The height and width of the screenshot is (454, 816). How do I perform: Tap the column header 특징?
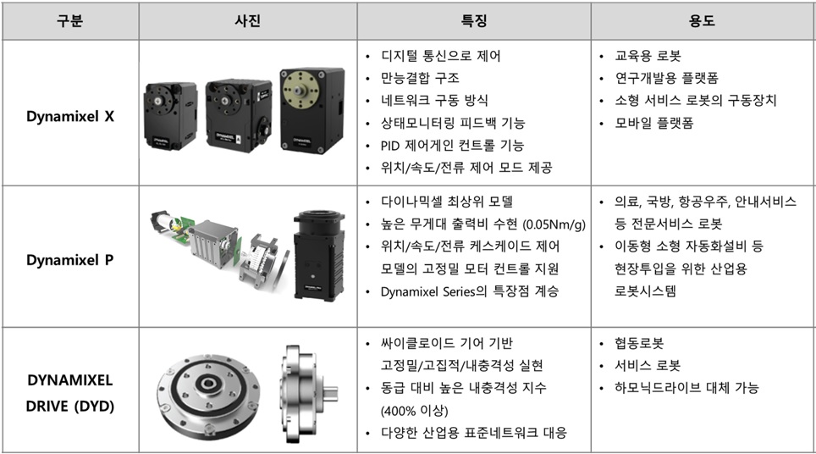click(474, 20)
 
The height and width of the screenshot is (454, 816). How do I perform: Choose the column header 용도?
click(703, 20)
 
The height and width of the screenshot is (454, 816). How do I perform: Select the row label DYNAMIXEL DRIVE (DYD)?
click(69, 393)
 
